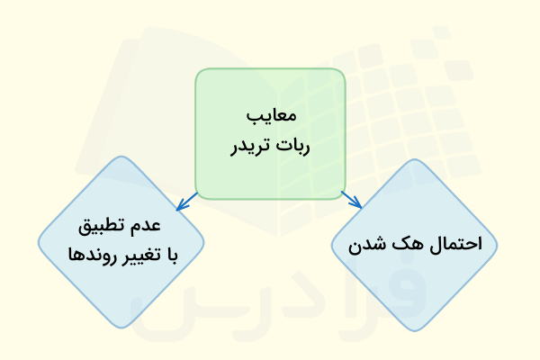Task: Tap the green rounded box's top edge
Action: click(x=270, y=68)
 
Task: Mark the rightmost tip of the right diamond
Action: click(x=497, y=243)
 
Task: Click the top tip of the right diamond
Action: click(x=414, y=163)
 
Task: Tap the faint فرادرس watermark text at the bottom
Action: click(x=270, y=297)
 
